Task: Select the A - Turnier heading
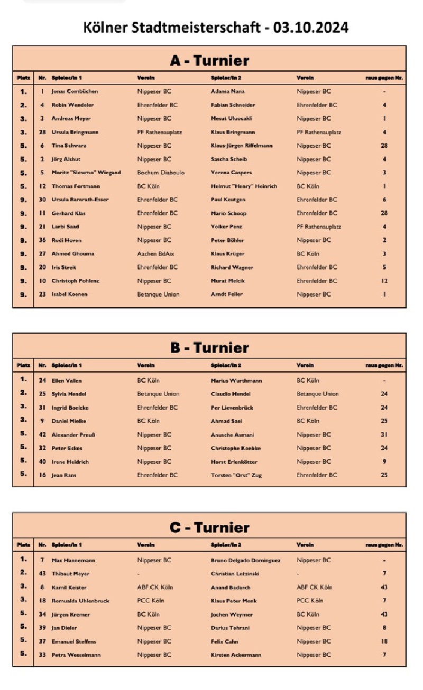[x=209, y=61]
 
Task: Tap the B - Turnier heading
[x=209, y=348]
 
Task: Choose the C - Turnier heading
[x=209, y=527]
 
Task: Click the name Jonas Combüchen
[x=75, y=91]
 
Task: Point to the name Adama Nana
[x=228, y=91]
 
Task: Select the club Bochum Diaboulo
[x=161, y=173]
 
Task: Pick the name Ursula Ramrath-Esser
[x=80, y=200]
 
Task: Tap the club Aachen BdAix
[x=155, y=253]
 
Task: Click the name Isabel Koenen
[x=70, y=294]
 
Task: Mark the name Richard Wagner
[x=232, y=267]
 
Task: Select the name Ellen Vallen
[x=67, y=380]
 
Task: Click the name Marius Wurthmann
[x=236, y=380]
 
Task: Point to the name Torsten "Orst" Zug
[x=236, y=475]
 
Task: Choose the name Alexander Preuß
[x=73, y=434]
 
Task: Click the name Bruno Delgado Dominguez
[x=245, y=560]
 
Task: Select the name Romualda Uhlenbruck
[x=80, y=600]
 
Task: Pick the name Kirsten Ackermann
[x=235, y=655]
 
